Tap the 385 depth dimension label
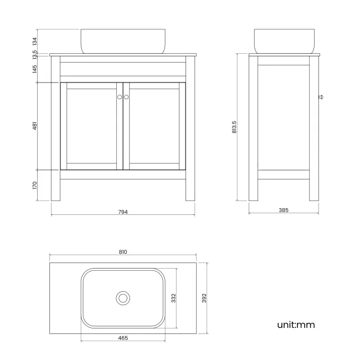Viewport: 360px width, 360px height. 284,210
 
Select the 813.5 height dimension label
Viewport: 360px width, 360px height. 234,128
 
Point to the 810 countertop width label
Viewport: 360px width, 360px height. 123,252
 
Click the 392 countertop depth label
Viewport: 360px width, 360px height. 204,298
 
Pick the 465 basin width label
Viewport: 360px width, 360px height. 123,337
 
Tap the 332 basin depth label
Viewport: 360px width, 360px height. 173,298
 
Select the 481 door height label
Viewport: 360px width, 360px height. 35,126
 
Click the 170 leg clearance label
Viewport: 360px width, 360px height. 35,186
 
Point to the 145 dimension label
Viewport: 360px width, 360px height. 35,69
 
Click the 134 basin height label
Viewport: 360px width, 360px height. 35,42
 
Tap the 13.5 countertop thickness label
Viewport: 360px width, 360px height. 35,54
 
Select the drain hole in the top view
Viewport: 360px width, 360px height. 123,298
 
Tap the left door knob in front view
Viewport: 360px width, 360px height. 120,97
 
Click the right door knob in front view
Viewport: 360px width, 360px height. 126,97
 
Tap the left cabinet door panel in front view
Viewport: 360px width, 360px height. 91,126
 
